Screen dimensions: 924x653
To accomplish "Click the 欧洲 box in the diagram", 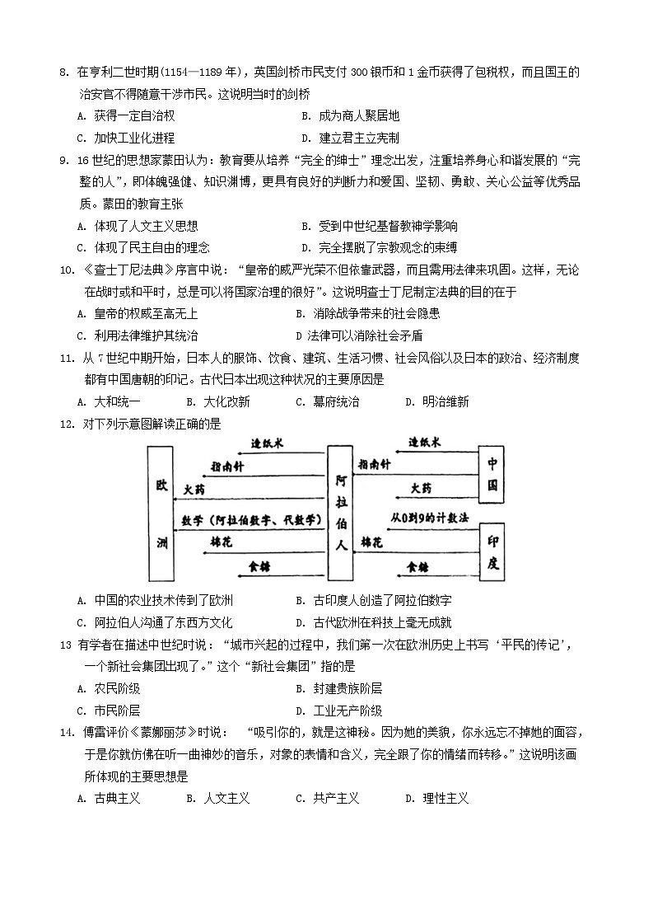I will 161,513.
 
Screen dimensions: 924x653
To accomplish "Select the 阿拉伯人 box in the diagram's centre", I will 340,513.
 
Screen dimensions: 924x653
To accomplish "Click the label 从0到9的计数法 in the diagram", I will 430,518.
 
